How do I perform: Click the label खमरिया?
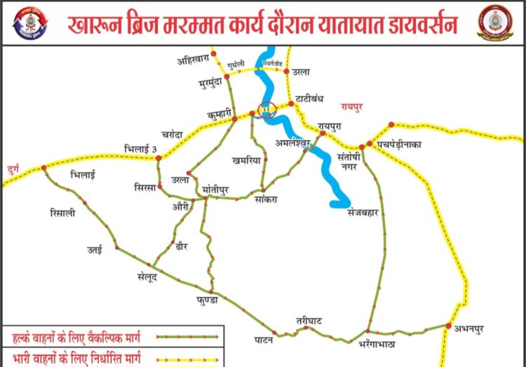[x=247, y=160]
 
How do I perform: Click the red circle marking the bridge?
[x=266, y=109]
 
